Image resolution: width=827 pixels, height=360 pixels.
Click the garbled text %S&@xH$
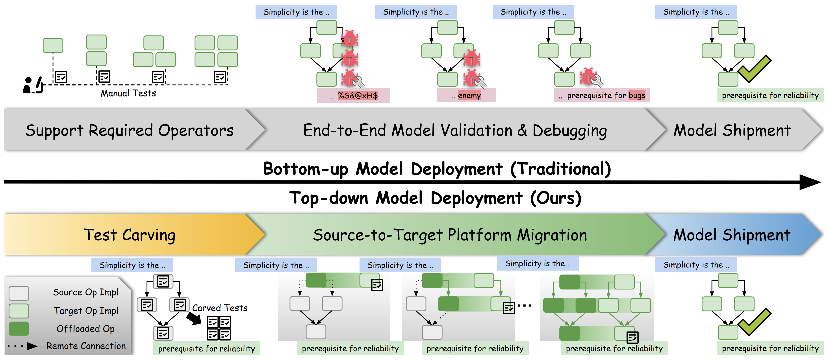tap(358, 95)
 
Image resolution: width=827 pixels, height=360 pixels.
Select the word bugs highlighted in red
tap(637, 95)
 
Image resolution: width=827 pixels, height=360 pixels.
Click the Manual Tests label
tap(128, 93)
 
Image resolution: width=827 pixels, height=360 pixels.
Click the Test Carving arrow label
tap(130, 235)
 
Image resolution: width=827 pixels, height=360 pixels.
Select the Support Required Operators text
tap(130, 130)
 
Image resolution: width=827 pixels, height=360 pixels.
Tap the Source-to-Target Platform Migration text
tap(450, 235)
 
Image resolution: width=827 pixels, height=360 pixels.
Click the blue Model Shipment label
tap(732, 235)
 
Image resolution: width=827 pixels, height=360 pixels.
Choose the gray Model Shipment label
tap(732, 130)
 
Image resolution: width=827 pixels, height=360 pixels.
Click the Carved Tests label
tap(220, 308)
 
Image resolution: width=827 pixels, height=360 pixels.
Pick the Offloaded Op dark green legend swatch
tap(19, 328)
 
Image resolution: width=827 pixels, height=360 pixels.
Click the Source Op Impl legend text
tap(86, 292)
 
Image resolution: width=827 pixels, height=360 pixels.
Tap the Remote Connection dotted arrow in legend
tap(22, 346)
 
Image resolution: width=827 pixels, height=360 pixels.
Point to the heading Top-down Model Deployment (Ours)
tap(435, 198)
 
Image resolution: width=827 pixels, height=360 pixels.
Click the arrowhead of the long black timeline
tap(811, 182)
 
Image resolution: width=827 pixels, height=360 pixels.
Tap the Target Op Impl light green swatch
tap(19, 311)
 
